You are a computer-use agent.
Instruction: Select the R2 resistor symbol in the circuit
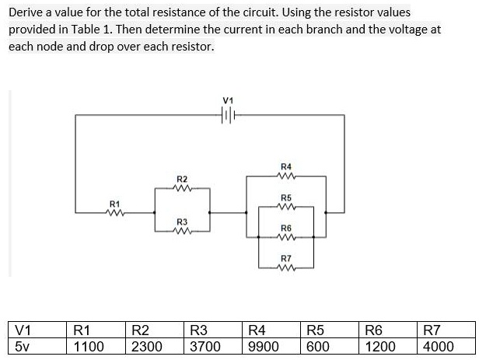click(183, 187)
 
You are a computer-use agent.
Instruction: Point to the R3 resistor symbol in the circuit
click(183, 230)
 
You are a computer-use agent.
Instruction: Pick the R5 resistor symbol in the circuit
click(285, 208)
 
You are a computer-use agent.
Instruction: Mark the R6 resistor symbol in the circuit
click(285, 236)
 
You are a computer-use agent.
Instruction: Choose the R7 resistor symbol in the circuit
click(285, 267)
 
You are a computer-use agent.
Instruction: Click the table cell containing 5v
click(34, 345)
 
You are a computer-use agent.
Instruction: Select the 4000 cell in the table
click(447, 345)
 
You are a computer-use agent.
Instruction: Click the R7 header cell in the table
click(447, 329)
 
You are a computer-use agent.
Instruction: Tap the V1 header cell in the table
click(34, 329)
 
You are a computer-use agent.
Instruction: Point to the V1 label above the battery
click(228, 100)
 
